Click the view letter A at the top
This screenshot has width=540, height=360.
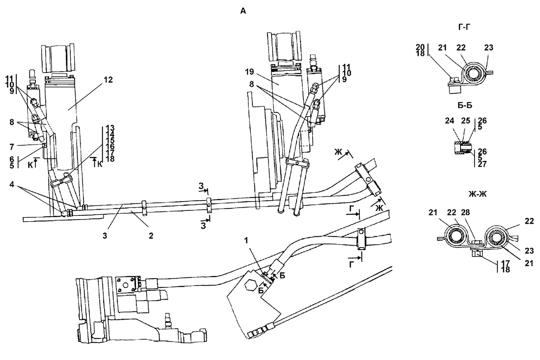pos(243,11)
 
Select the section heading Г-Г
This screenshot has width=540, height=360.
pos(464,27)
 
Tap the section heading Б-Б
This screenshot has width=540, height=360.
pos(465,105)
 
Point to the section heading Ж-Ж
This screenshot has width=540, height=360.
pos(478,194)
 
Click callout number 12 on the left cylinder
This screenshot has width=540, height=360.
pos(108,80)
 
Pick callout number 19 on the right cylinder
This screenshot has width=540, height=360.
pos(249,72)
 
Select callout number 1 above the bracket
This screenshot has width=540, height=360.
pos(246,241)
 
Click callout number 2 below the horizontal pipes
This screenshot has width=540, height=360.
pos(151,236)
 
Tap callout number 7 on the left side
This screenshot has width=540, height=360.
pos(12,147)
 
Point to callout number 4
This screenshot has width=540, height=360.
pos(12,184)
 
